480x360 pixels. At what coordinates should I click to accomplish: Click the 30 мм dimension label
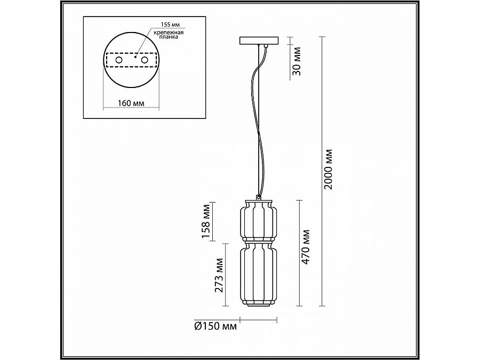(x=298, y=61)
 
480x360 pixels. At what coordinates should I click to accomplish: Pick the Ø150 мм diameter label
(x=216, y=326)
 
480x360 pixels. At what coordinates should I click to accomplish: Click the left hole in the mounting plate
(x=118, y=61)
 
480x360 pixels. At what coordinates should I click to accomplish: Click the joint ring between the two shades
(x=259, y=241)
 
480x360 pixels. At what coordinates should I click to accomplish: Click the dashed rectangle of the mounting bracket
(x=131, y=53)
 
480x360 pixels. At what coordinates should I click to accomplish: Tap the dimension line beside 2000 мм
(x=320, y=171)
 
